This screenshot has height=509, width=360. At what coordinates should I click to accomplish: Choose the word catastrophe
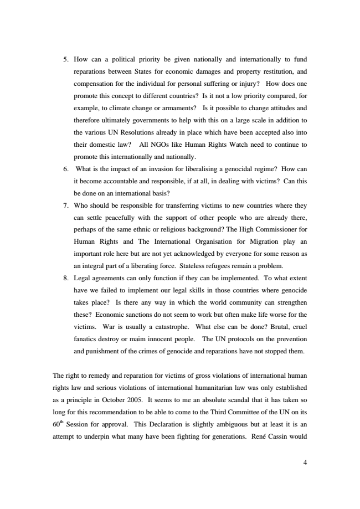[166, 326]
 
